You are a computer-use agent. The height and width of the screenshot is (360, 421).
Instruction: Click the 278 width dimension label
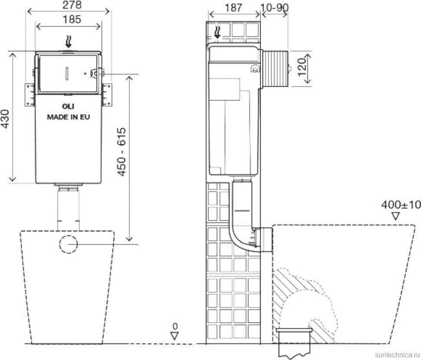(72, 5)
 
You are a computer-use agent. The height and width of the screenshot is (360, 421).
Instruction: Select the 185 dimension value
(72, 20)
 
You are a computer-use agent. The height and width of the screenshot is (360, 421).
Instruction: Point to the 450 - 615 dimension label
(122, 152)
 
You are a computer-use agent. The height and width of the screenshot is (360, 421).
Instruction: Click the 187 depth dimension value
(234, 8)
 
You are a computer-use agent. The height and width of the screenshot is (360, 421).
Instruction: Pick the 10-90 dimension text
(274, 7)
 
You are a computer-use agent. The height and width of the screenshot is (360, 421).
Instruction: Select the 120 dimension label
(303, 67)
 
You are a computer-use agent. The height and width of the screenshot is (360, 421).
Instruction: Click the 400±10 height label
(401, 205)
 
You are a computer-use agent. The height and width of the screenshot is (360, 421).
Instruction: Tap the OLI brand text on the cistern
(68, 106)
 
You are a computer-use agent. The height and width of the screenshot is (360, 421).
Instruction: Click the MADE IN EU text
(69, 117)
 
